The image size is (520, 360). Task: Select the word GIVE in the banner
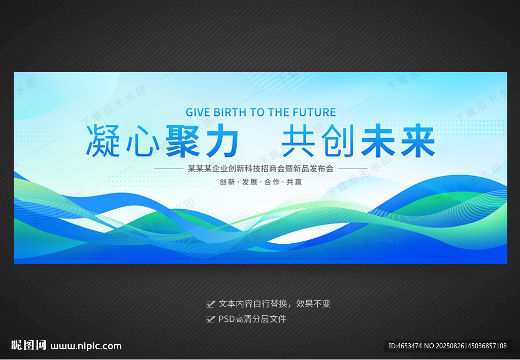click(x=198, y=112)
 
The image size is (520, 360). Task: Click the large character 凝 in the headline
click(x=103, y=141)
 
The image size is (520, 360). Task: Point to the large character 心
click(x=143, y=141)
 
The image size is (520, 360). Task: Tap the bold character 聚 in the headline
click(x=182, y=141)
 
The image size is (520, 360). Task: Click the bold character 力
click(x=222, y=141)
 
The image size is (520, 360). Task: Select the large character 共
click(x=298, y=141)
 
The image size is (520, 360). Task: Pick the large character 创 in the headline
click(x=338, y=141)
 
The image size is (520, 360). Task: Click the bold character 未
click(x=378, y=141)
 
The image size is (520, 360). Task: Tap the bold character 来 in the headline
click(x=418, y=141)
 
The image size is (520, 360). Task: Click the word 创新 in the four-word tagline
click(x=227, y=182)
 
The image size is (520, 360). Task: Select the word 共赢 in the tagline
click(x=294, y=182)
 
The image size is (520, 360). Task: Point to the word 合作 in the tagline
click(x=272, y=182)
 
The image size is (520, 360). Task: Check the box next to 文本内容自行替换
click(x=210, y=304)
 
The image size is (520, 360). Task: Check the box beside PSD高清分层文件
click(x=210, y=319)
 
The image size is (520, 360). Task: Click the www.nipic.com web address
click(x=86, y=346)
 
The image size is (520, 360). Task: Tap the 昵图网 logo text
click(x=28, y=345)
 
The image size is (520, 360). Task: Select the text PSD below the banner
click(x=226, y=319)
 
